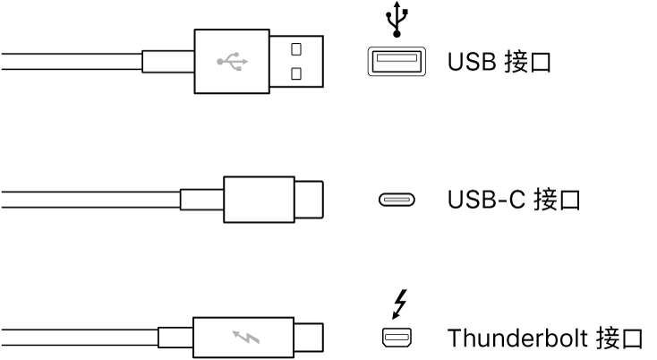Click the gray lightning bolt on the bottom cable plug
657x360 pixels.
coord(244,339)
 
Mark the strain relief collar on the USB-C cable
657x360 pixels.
coord(201,200)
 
